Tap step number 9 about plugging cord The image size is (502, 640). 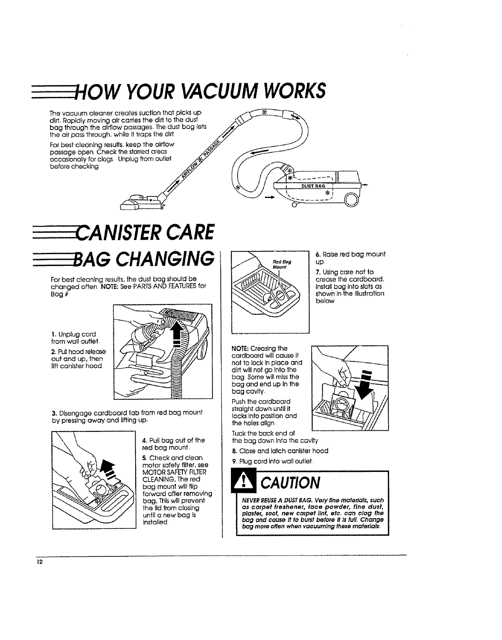click(x=234, y=461)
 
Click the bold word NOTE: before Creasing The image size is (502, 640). click(x=240, y=349)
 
